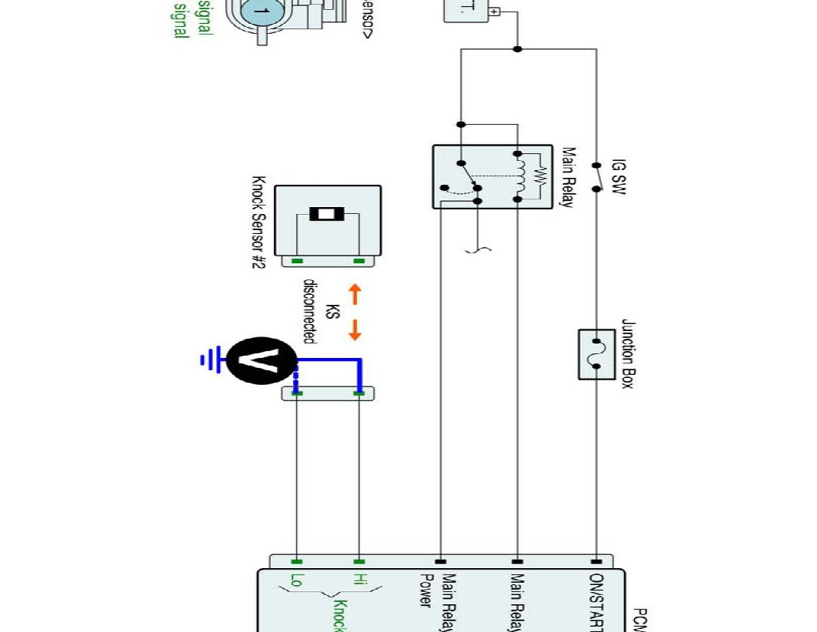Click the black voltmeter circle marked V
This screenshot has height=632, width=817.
click(x=262, y=360)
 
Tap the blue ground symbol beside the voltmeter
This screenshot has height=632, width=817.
click(x=208, y=359)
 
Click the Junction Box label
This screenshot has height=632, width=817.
click(x=627, y=354)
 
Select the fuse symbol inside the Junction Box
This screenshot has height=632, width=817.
click(x=596, y=354)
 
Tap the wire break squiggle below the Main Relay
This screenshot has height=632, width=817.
click(x=478, y=249)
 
